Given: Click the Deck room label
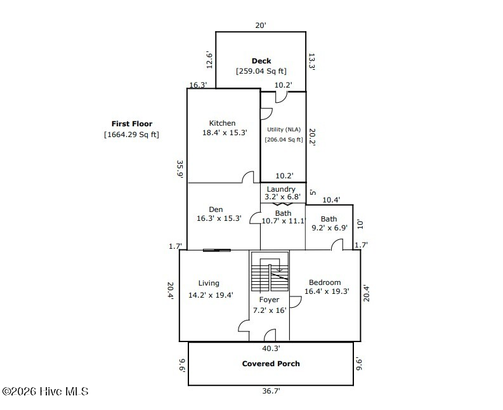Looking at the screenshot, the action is (261, 61).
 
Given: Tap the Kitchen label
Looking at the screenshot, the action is (222, 123).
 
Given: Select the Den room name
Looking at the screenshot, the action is (216, 209).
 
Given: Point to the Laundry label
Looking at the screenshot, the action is (281, 189).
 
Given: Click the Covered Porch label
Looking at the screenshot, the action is (271, 364).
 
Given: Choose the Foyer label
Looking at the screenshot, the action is (269, 300).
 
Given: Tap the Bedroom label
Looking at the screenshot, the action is (325, 282).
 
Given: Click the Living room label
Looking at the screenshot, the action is (209, 283).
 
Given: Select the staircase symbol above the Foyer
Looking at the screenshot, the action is (270, 272).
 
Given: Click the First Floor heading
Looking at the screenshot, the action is (132, 124).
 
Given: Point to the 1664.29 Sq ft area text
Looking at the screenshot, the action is (131, 134).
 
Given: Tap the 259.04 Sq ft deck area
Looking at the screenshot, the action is (261, 71).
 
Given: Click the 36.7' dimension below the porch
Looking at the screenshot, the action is (271, 391).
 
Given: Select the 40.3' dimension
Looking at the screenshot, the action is (271, 348).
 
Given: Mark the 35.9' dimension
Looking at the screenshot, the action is (180, 169).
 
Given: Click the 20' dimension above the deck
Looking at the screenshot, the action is (261, 25).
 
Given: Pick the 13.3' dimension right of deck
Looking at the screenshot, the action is (311, 62).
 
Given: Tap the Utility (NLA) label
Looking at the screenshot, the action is (284, 129).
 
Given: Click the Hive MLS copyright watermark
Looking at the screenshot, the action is (45, 392).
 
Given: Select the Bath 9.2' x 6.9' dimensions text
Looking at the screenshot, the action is (329, 228).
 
